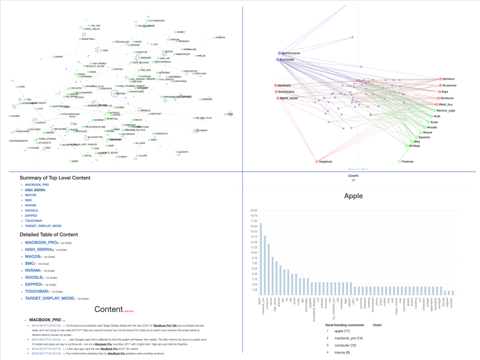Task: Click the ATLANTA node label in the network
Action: (x=220, y=37)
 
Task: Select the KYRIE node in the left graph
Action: (x=21, y=87)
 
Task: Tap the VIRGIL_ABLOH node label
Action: (x=91, y=29)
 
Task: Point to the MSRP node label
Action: (x=74, y=161)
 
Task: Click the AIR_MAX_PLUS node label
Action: (x=203, y=118)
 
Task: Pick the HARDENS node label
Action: (x=206, y=99)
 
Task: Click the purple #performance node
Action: (x=279, y=53)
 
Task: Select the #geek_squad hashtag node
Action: (x=276, y=98)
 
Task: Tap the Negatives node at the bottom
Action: (x=316, y=162)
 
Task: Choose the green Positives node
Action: (x=399, y=162)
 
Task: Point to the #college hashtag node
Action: (x=406, y=146)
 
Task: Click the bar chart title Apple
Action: (x=353, y=196)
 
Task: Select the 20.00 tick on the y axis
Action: (x=254, y=210)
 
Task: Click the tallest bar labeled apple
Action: (x=261, y=258)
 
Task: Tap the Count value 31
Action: (x=353, y=180)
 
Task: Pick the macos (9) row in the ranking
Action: (x=342, y=352)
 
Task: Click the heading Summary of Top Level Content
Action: (x=55, y=178)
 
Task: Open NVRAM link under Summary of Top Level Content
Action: (x=30, y=205)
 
